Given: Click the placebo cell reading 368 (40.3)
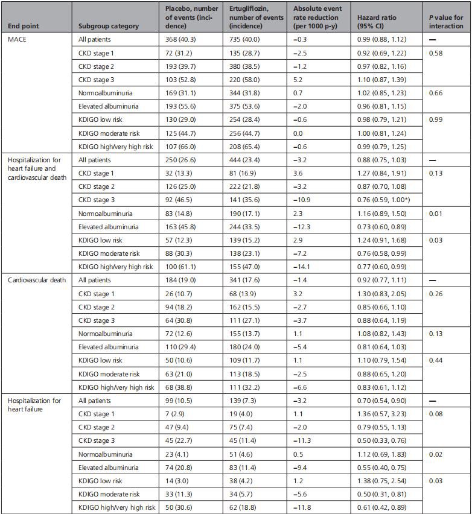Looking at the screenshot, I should pyautogui.click(x=186, y=39).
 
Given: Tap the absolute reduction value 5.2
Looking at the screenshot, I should pyautogui.click(x=299, y=80).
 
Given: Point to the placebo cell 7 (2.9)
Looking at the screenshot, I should pyautogui.click(x=180, y=414).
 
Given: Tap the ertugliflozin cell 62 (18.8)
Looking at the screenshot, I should pyautogui.click(x=248, y=507).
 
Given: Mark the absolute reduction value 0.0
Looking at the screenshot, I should pyautogui.click(x=299, y=133).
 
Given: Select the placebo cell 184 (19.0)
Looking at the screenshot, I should pyautogui.click(x=186, y=280).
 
